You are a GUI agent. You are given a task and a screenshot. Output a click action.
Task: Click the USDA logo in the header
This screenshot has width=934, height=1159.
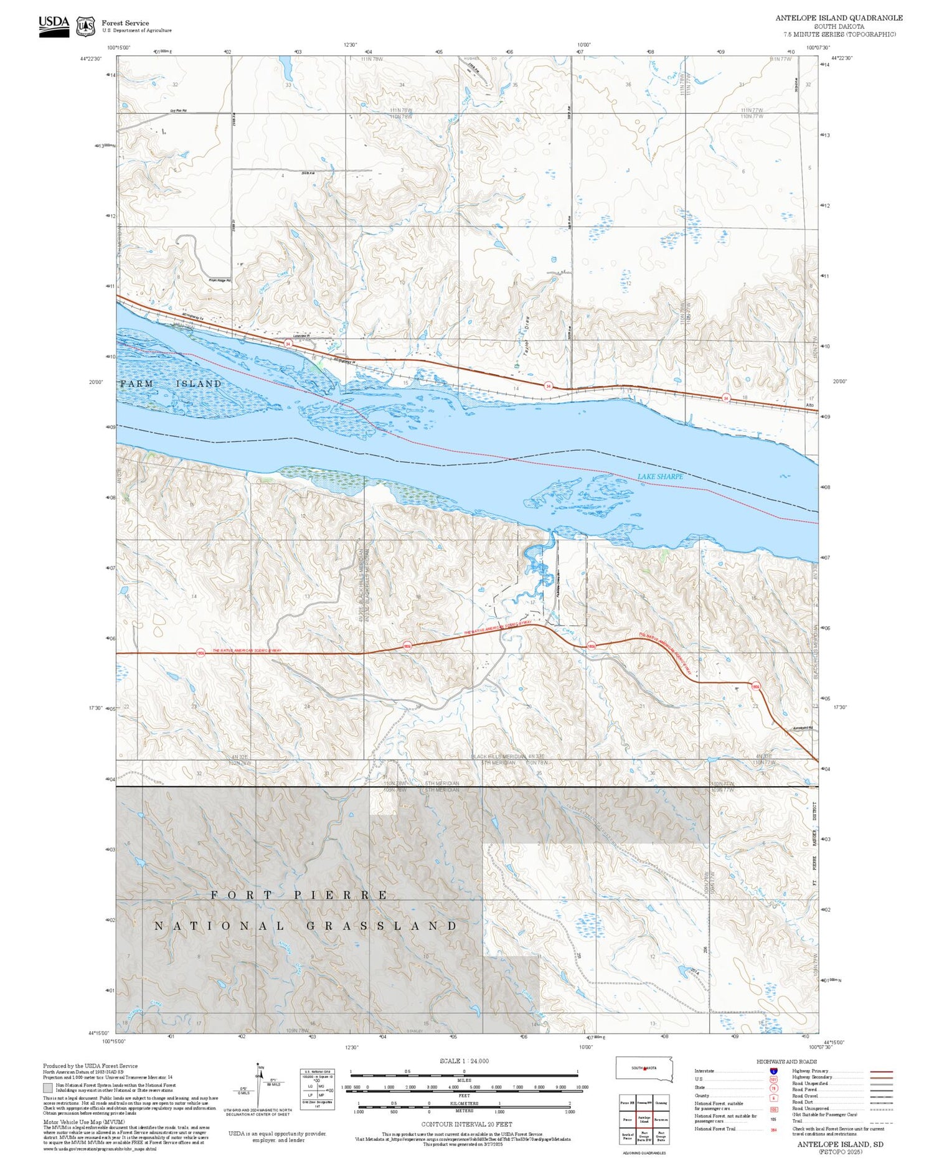point(54,26)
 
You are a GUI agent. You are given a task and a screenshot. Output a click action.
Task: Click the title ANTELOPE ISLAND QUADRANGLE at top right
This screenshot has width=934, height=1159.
point(838,18)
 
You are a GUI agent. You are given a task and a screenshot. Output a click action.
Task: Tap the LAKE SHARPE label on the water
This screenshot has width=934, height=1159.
point(660,476)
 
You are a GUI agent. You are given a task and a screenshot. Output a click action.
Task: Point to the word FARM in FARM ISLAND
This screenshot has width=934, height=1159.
point(137,383)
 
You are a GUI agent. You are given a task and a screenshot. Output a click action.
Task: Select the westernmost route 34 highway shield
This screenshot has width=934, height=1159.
point(288,344)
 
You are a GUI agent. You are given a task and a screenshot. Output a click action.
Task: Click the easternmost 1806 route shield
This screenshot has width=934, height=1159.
point(755,687)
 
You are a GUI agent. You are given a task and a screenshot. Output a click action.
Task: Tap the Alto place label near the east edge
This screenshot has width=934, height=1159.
point(809,405)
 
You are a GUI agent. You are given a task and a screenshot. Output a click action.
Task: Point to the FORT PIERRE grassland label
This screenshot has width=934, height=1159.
point(299,894)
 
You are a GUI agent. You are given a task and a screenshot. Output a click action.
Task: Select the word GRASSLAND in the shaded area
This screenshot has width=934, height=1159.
point(382,926)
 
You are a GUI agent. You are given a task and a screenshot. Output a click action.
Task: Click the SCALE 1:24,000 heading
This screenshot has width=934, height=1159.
point(464,1061)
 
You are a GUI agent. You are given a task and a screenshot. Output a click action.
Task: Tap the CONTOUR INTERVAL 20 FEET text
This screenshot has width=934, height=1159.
point(467,1124)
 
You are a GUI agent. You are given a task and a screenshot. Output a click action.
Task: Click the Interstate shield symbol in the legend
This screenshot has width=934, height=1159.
point(773,1071)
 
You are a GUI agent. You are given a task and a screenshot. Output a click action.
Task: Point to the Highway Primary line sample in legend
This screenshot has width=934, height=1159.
point(880,1071)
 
